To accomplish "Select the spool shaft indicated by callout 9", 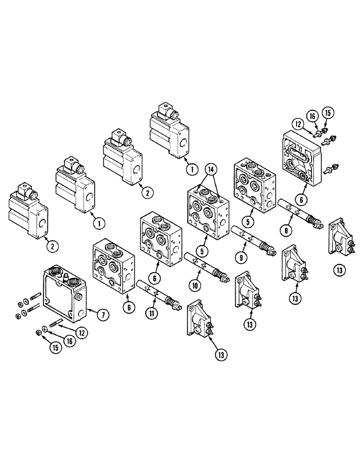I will coord(252,238).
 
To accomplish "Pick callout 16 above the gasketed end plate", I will coord(311,115).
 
